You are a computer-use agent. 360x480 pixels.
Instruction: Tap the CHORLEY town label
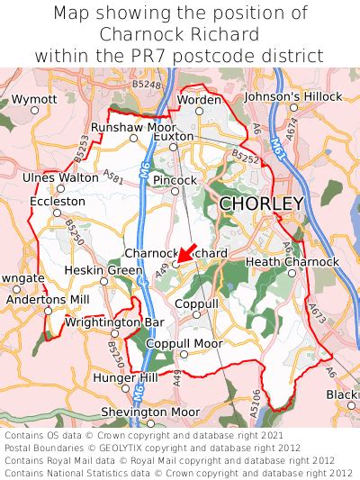(261, 204)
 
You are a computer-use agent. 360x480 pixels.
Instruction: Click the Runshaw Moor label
(134, 128)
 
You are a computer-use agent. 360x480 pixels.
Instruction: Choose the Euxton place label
(174, 136)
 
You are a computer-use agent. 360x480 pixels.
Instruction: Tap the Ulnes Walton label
(60, 177)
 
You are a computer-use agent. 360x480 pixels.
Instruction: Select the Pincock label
(175, 180)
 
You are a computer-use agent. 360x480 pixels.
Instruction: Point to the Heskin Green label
(103, 270)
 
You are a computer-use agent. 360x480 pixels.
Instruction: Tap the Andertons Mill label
(47, 299)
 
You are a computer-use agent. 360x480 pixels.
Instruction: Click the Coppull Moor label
(184, 343)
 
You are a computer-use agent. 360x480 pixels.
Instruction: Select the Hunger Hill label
(125, 377)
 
